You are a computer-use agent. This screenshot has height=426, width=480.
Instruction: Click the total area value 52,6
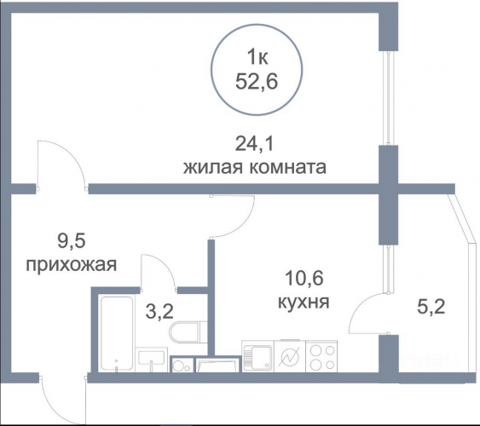point(257,82)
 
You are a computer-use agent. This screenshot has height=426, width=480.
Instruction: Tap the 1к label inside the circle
point(257,57)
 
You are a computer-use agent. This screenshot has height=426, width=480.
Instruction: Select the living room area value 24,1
point(254,144)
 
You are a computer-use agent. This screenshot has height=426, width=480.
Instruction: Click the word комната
point(287,168)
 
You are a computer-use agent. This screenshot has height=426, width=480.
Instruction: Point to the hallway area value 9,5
point(71,242)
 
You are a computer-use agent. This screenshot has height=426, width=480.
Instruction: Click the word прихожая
point(72,265)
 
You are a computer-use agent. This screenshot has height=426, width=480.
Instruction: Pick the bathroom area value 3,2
point(159,312)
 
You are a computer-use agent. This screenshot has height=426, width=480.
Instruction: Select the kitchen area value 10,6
point(304,279)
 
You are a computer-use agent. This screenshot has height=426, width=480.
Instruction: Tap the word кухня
point(304,302)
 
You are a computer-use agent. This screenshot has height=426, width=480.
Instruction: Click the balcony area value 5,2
point(431,307)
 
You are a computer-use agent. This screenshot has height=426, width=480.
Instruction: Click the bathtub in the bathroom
point(117,333)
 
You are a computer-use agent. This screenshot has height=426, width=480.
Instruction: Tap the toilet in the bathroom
point(188,331)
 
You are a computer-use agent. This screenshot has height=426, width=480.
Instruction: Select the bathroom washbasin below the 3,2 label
point(152,360)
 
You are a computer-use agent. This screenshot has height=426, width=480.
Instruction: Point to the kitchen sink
point(257,356)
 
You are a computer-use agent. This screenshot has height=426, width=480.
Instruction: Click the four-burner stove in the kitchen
point(321,356)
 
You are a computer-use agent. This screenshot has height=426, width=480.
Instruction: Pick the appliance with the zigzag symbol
point(290,356)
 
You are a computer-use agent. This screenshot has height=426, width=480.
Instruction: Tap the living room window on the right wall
point(388,98)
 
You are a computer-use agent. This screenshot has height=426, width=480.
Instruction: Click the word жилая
point(213,168)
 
